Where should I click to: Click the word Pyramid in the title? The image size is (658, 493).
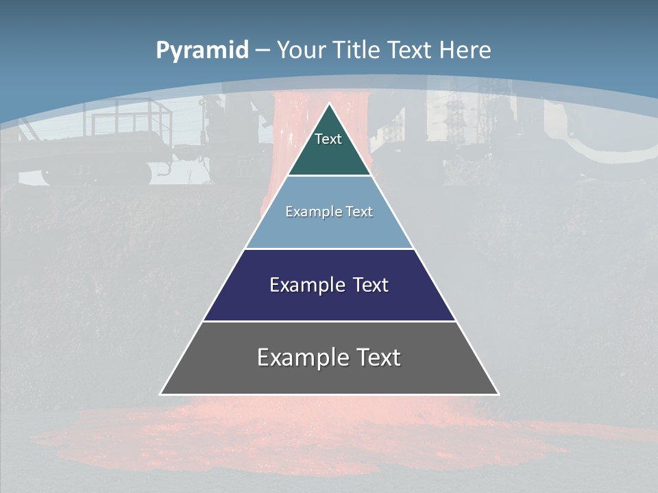(202, 51)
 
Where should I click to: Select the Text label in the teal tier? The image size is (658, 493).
(328, 139)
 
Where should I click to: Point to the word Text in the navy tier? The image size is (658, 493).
(370, 285)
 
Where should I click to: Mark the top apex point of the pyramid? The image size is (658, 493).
(330, 103)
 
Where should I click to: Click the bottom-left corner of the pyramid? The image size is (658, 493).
(160, 394)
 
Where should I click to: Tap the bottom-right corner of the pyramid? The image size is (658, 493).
(498, 394)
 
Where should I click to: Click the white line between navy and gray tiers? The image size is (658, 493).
(329, 321)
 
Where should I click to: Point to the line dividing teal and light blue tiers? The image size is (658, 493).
(329, 175)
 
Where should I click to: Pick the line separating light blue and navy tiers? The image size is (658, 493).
(329, 249)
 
